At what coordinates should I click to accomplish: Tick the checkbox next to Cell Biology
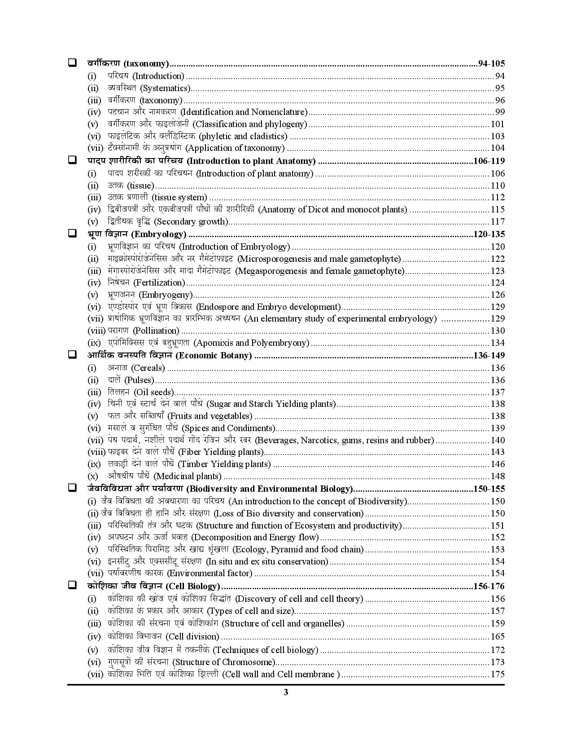tap(72, 586)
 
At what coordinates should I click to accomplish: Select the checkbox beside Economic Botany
tap(72, 355)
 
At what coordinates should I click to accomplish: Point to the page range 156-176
tap(489, 586)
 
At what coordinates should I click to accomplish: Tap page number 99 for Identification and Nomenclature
tap(500, 112)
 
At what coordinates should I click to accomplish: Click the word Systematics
tap(166, 88)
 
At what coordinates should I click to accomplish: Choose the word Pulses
tap(139, 380)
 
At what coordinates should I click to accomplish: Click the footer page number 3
tap(286, 692)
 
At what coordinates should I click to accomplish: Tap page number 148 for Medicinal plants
tap(498, 476)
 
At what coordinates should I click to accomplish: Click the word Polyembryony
tap(282, 343)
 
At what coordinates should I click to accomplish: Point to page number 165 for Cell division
tap(498, 636)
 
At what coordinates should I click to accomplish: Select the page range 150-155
tap(489, 489)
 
